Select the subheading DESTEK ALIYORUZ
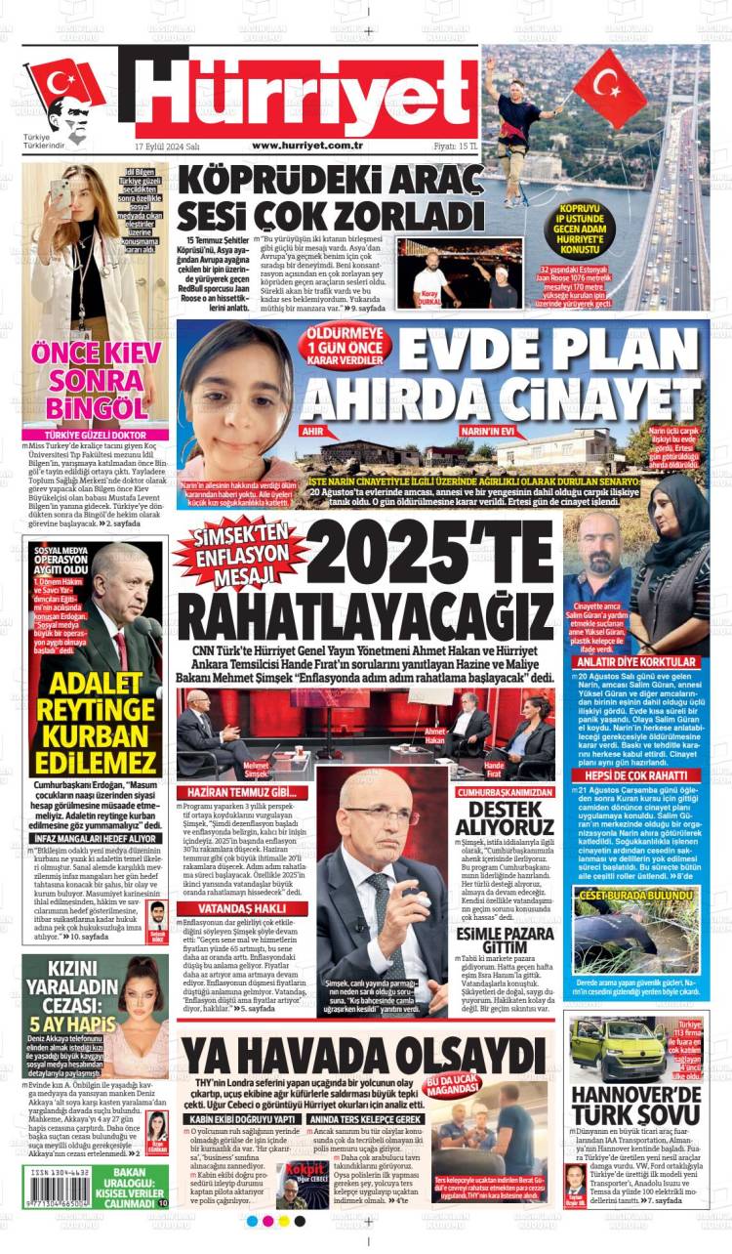505,818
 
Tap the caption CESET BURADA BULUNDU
635,894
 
